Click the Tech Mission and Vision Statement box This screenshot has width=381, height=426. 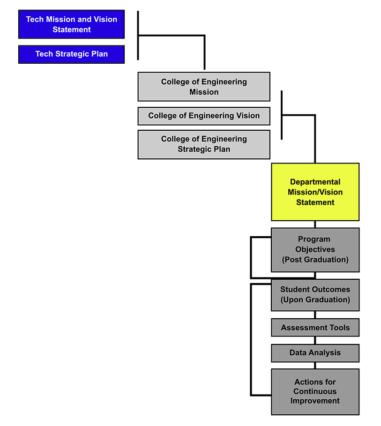[71, 24]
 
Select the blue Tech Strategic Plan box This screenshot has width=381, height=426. [71, 54]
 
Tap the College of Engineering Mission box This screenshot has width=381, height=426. [204, 87]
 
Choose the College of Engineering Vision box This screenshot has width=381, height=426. [204, 116]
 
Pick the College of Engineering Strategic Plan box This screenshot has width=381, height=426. [204, 144]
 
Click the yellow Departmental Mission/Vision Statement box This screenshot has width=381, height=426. [315, 192]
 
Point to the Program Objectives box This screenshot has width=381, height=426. [315, 250]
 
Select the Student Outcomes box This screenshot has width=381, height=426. [315, 295]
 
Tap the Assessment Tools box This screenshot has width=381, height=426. [315, 328]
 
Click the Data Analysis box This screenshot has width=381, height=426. [315, 353]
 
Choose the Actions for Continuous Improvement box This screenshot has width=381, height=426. [315, 391]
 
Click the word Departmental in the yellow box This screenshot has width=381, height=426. [315, 182]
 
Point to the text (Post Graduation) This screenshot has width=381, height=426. [315, 260]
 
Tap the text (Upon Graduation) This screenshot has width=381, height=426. [315, 300]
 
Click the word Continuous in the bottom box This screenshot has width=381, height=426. [315, 391]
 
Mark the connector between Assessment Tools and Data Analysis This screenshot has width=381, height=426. [315, 340]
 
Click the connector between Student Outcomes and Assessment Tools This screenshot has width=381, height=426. [315, 315]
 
